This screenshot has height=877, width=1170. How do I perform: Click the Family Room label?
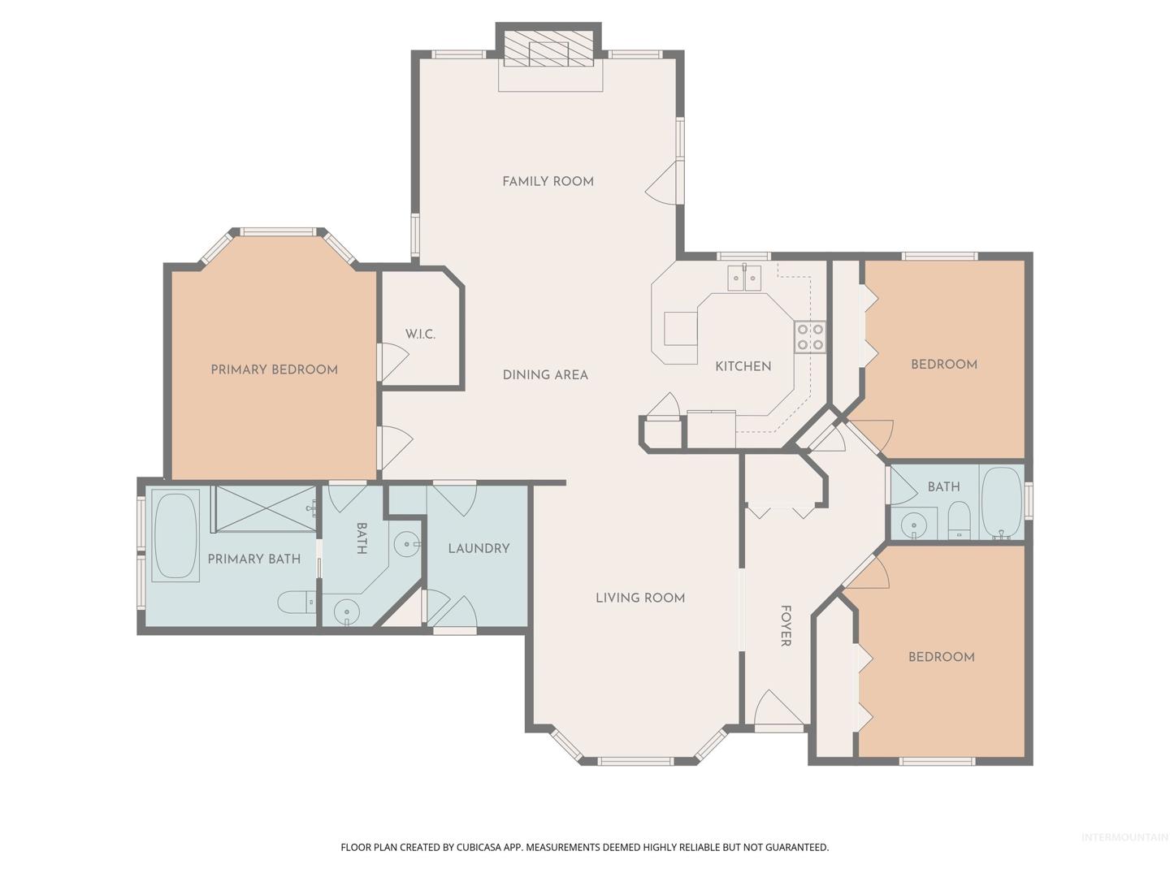(x=548, y=182)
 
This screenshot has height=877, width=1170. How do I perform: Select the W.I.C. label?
(x=420, y=335)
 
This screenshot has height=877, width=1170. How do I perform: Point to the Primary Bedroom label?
(x=274, y=369)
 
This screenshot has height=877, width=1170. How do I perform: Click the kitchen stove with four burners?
(x=810, y=338)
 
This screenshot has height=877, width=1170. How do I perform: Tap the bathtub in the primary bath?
(x=175, y=535)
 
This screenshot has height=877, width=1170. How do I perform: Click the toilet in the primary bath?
(x=297, y=603)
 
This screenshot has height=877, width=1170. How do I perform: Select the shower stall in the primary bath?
(x=265, y=508)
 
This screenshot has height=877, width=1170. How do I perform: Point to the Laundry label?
(x=479, y=548)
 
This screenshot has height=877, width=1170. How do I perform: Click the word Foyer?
(x=785, y=625)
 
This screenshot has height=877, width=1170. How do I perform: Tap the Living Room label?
(x=640, y=598)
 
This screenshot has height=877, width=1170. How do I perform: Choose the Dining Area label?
(x=545, y=375)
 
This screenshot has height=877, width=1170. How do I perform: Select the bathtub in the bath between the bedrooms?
(x=1002, y=503)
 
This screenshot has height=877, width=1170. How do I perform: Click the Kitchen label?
(x=743, y=366)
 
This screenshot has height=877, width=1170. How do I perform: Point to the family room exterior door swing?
(x=661, y=182)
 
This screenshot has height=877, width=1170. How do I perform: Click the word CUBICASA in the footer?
(x=479, y=847)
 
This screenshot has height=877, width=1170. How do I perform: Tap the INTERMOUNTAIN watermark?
(x=1124, y=837)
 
